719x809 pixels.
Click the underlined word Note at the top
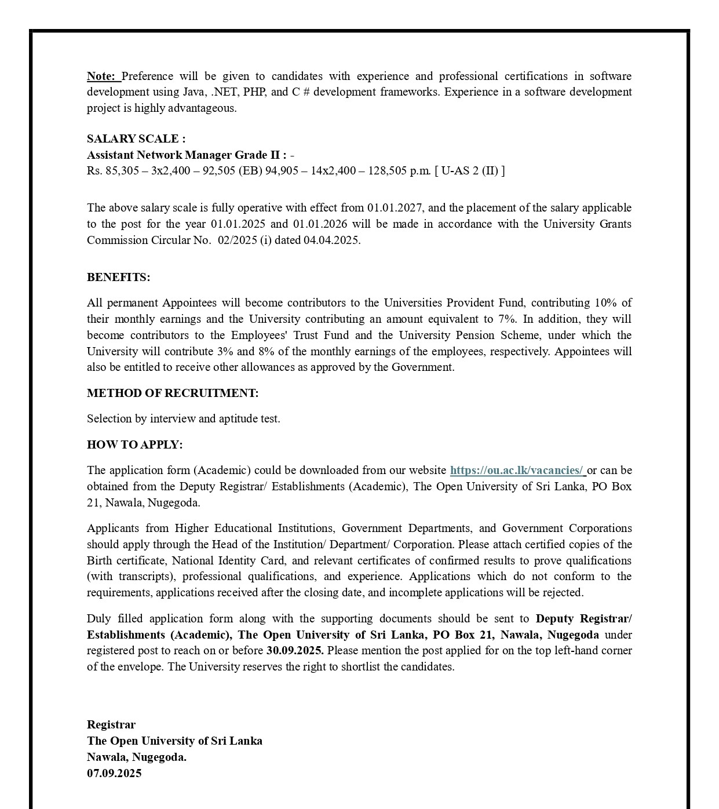coord(101,76)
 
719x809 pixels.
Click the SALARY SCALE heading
coord(136,139)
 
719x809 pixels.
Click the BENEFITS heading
coord(118,277)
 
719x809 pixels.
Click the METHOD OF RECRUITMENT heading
coord(173,393)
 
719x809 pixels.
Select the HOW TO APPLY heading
coord(134,444)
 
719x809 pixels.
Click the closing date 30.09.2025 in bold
coord(295,650)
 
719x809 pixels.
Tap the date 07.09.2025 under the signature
coord(114,773)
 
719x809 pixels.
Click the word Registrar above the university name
coord(111,724)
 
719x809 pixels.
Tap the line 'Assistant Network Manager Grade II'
coord(187,155)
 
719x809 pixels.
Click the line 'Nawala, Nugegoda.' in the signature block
coord(137,757)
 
